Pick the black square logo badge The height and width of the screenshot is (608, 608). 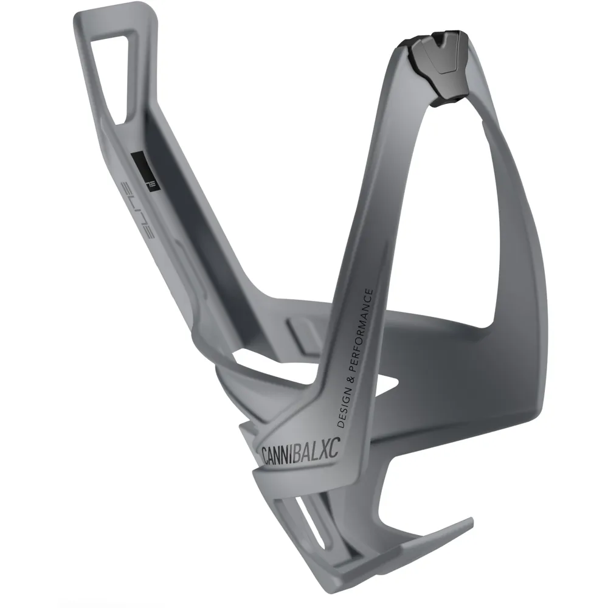(x=146, y=171)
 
